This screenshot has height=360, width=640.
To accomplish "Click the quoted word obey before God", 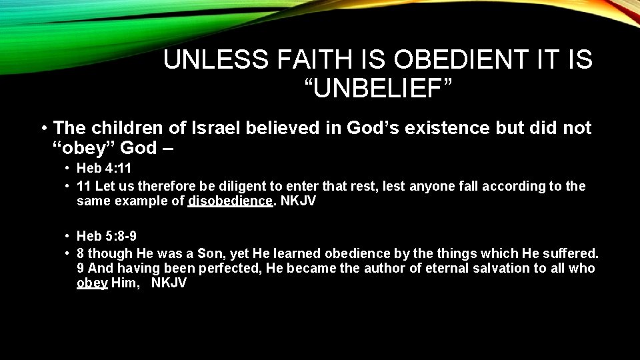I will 85,147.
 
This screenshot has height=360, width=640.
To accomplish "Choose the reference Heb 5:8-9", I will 107,236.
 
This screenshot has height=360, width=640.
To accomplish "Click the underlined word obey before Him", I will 92,283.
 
